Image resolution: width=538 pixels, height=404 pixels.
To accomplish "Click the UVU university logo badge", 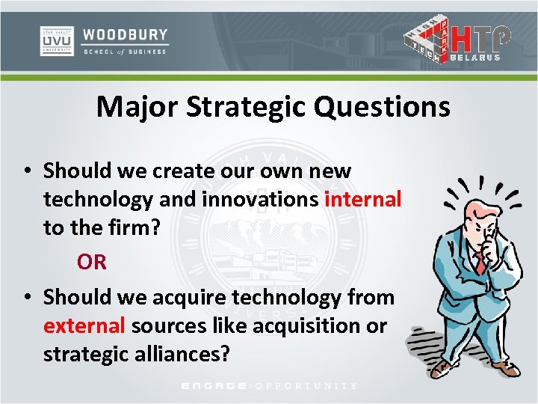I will point(57,41).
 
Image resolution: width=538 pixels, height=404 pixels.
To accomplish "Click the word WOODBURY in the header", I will point(125,34).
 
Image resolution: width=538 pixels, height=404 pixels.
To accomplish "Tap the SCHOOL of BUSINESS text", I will point(125,51).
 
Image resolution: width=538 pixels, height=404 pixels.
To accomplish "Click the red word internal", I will point(363,199).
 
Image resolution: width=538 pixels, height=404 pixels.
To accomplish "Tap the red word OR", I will point(91,262).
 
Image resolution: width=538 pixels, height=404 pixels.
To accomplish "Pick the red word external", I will point(84,325).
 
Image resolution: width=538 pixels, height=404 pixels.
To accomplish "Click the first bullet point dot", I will point(26,171).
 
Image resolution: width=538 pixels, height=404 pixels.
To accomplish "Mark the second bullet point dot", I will point(26,298).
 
